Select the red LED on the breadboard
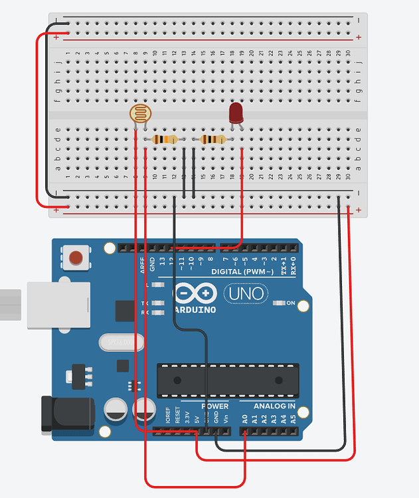(x=236, y=113)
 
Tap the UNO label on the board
(x=246, y=293)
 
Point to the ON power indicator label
(x=290, y=303)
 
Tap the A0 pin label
(x=245, y=420)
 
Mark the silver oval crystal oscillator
(x=121, y=343)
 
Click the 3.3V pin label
(x=187, y=418)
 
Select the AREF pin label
(x=142, y=266)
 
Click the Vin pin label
(x=226, y=420)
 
